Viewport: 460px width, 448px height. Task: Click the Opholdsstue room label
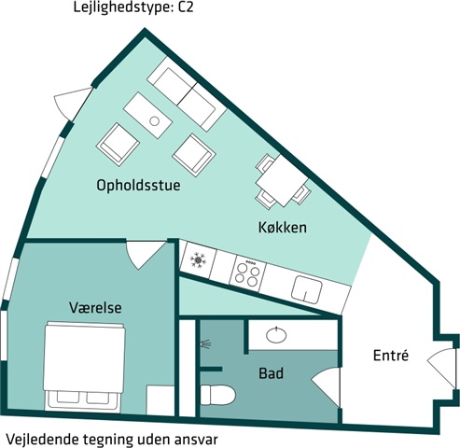click(x=138, y=186)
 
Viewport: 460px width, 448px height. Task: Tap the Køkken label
click(x=283, y=228)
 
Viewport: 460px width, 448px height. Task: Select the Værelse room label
click(x=95, y=307)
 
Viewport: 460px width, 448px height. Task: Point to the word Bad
click(x=271, y=373)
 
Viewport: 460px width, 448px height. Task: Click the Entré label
click(x=391, y=355)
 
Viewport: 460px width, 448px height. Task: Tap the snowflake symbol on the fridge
click(x=198, y=259)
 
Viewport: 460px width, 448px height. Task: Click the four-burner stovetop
click(x=247, y=273)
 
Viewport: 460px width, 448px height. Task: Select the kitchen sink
click(x=307, y=289)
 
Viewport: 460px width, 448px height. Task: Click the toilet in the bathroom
click(x=217, y=395)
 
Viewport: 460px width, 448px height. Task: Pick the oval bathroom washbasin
click(x=276, y=335)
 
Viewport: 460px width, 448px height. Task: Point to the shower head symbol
click(x=206, y=344)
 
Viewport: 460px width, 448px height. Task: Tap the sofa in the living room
click(x=187, y=93)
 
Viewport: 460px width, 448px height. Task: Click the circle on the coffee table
click(x=155, y=120)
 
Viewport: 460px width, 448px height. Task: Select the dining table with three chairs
click(x=283, y=181)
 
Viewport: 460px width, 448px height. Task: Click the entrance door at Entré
click(x=441, y=369)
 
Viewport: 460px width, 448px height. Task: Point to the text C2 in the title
click(x=186, y=7)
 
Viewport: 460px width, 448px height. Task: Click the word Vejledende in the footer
click(x=42, y=440)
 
